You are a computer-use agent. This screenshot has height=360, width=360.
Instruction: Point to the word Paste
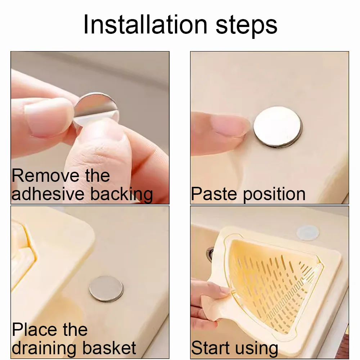coord(213,194)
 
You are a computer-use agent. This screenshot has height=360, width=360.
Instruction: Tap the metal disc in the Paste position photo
coord(277,126)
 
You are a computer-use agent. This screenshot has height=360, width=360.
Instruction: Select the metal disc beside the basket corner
coord(106,288)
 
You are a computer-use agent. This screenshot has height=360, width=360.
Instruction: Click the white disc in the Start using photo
coord(308,233)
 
